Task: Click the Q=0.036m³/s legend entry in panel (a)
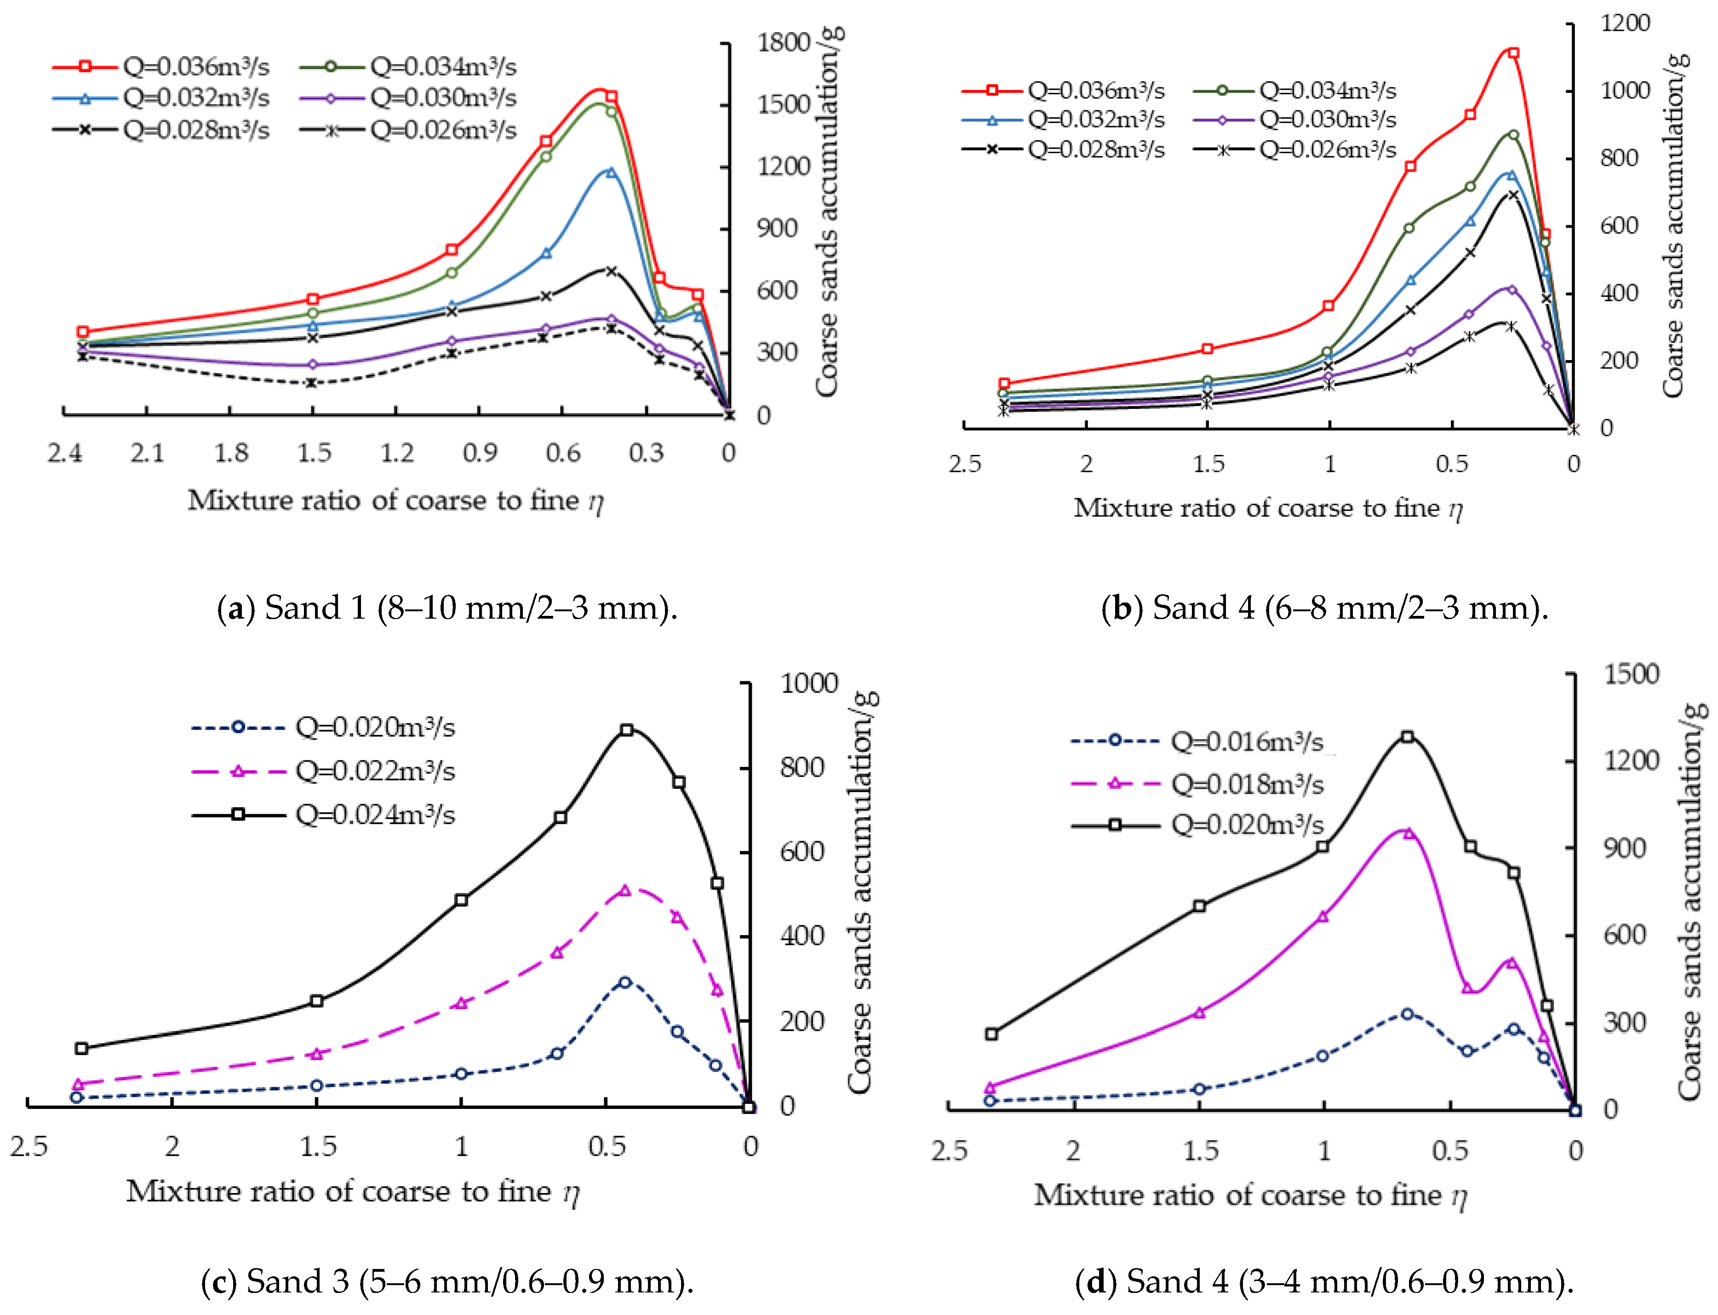(x=160, y=67)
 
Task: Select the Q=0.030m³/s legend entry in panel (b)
(x=1295, y=120)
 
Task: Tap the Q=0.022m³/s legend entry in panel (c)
(x=323, y=771)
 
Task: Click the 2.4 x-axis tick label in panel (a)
(x=64, y=453)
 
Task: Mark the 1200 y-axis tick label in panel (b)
(x=1625, y=23)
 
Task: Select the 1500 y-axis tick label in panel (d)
(x=1632, y=674)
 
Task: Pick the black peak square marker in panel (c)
(x=627, y=729)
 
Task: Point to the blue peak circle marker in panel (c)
(x=624, y=982)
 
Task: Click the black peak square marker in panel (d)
(x=1407, y=736)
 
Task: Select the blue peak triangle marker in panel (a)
(x=611, y=172)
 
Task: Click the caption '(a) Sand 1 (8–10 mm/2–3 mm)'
(x=447, y=608)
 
